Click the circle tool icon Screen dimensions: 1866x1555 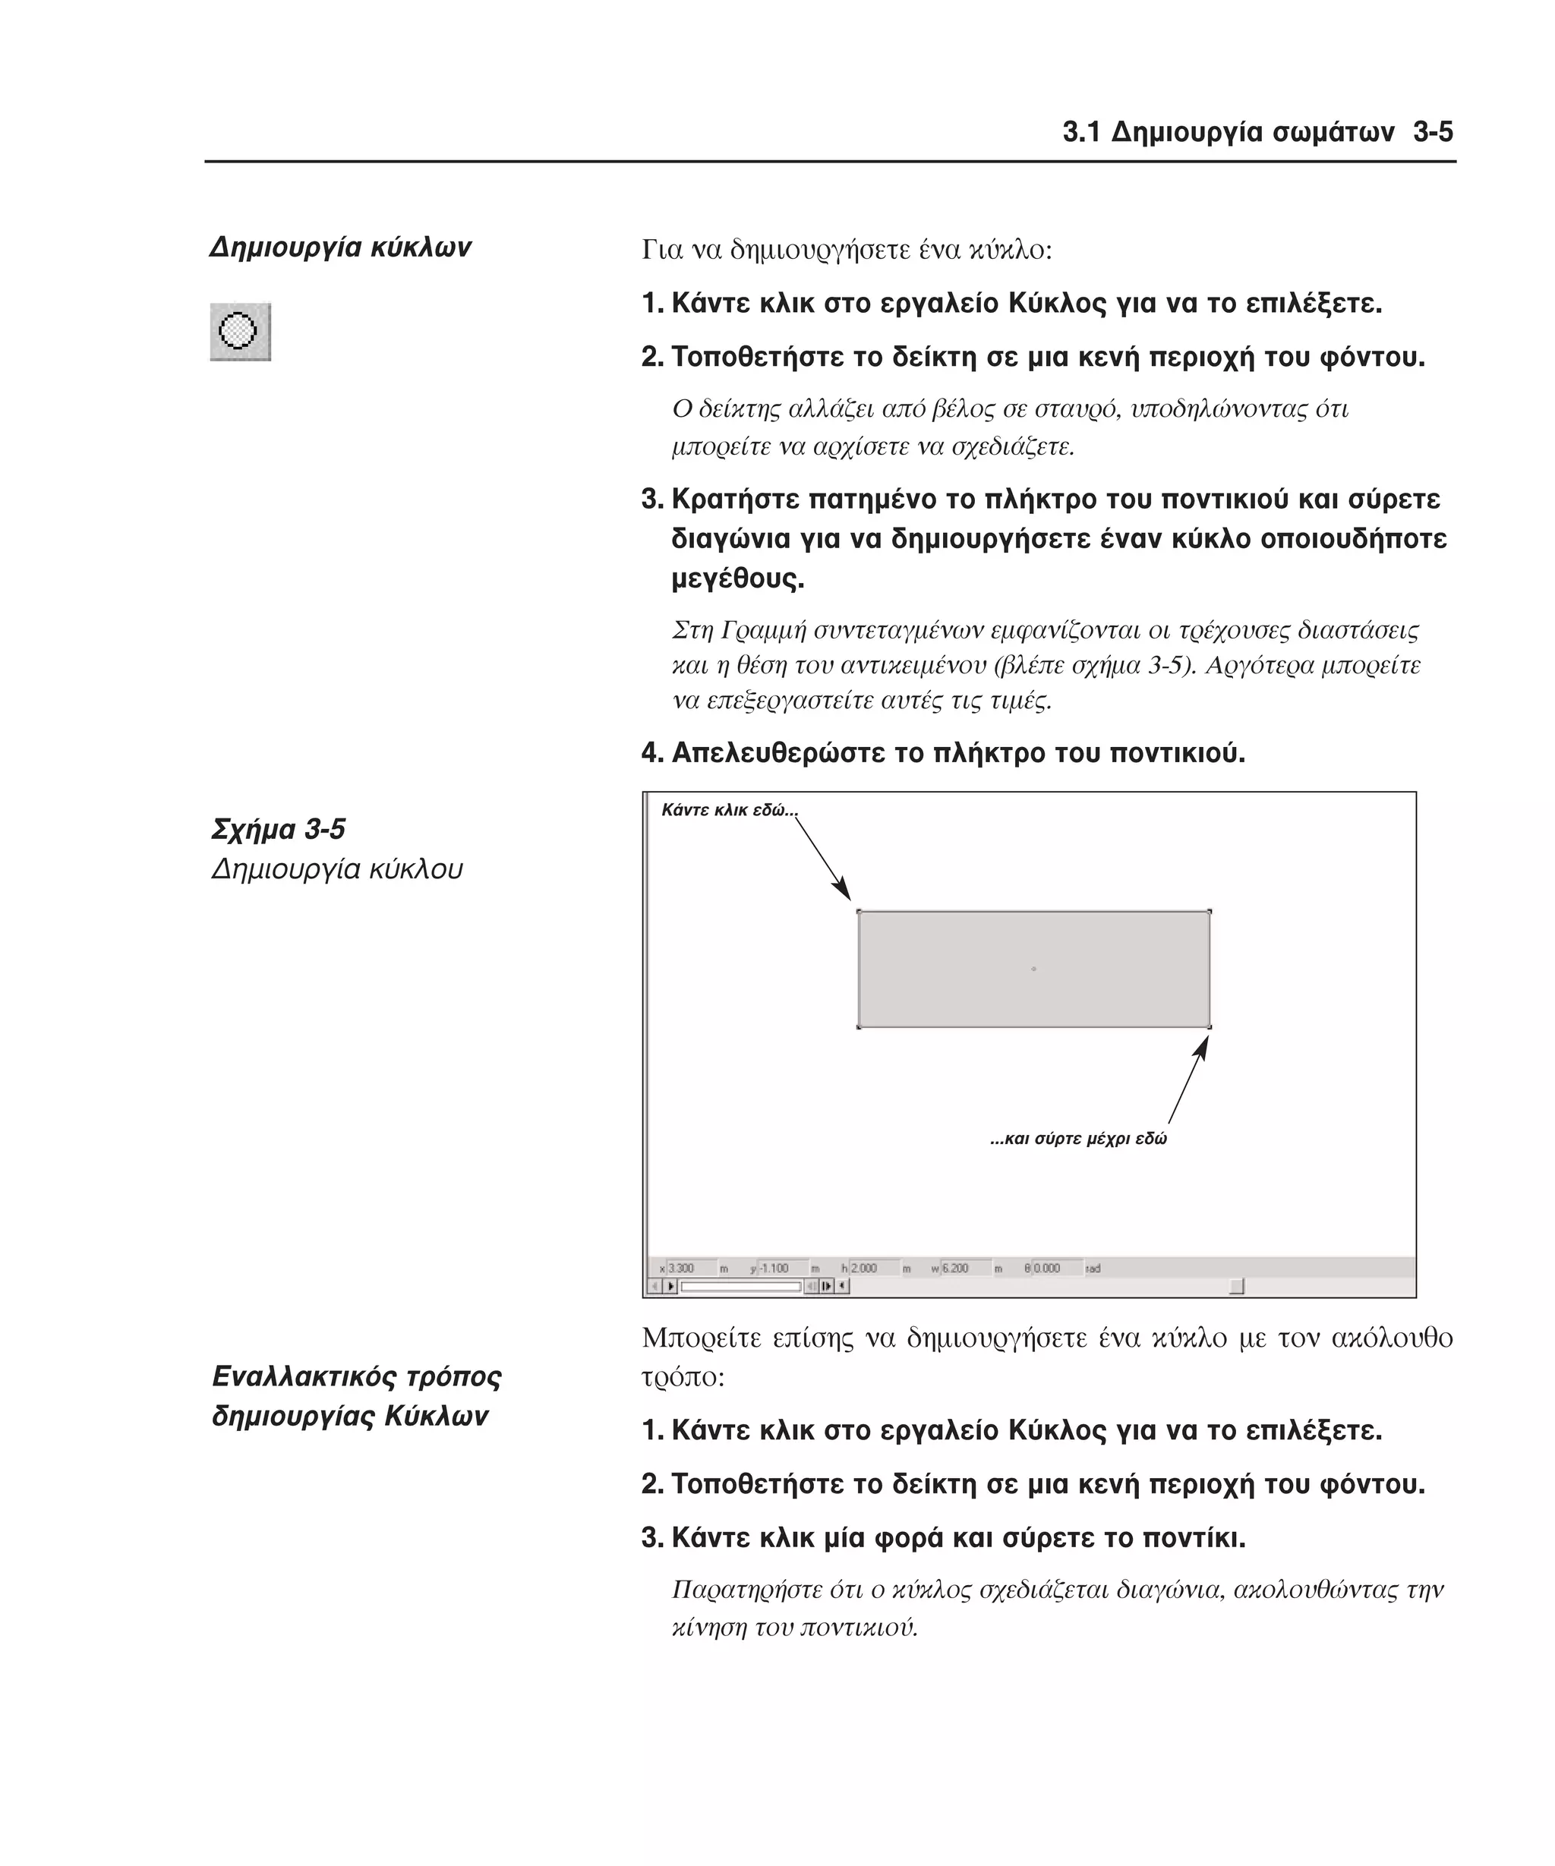239,332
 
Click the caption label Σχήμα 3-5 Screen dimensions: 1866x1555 278,829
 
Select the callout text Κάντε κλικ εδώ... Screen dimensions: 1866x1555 729,809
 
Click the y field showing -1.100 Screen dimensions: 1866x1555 782,1268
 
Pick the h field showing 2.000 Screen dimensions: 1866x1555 872,1268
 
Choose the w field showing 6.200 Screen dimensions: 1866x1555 964,1268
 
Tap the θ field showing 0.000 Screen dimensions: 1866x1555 1055,1268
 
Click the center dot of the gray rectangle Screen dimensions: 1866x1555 1033,969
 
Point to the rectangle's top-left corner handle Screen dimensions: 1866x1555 858,911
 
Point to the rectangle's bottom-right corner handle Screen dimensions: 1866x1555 1210,1027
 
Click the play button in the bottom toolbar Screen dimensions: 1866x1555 671,1286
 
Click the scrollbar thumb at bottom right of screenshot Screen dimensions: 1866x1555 1236,1286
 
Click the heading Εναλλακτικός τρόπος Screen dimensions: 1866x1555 356,1376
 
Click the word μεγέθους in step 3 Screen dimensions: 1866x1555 736,578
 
